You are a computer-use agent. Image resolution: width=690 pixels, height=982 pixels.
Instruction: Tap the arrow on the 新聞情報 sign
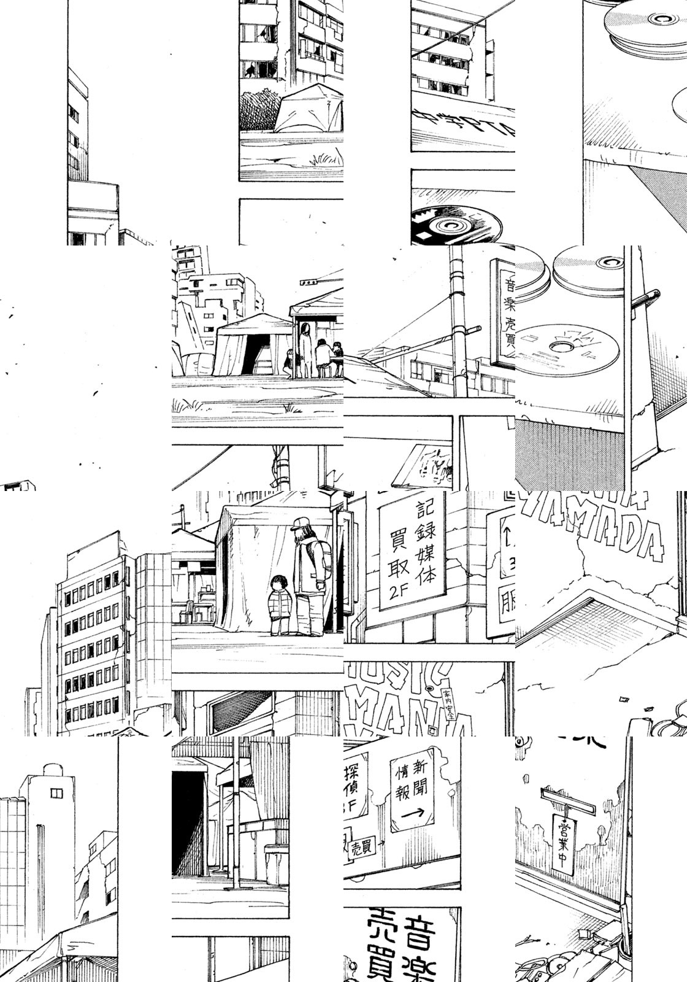[413, 813]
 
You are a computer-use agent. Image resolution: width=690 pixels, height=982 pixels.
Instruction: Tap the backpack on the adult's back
[324, 555]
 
